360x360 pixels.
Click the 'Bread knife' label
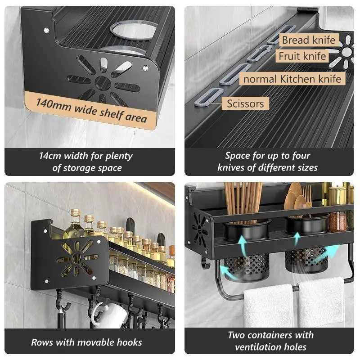tap(308, 40)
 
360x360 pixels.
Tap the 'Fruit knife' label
tap(302, 56)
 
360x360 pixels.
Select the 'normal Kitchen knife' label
tap(292, 79)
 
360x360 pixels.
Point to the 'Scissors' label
tap(245, 103)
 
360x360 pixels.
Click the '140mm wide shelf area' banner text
tap(91, 110)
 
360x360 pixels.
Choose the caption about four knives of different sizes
tap(268, 162)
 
